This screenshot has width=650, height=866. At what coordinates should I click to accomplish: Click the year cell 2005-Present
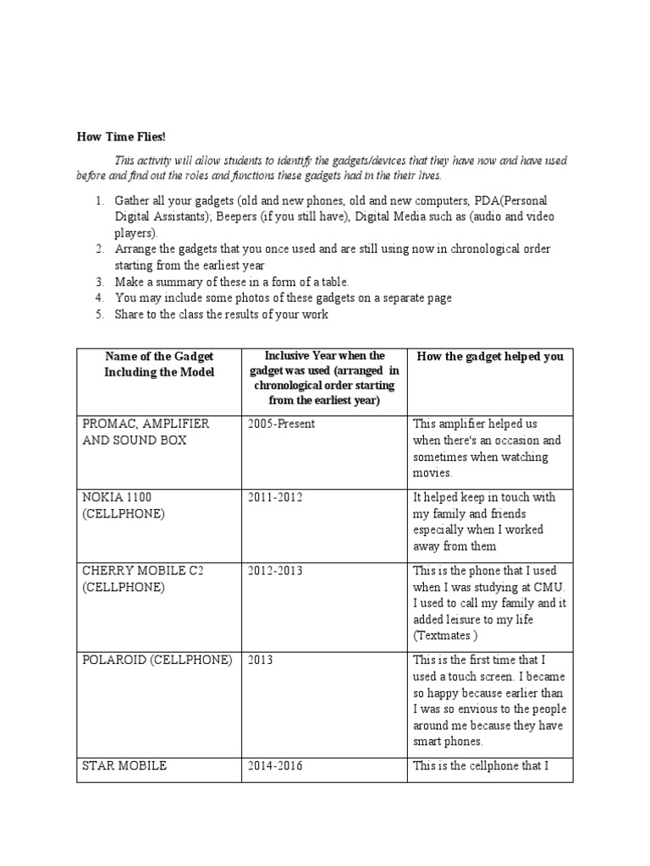(281, 424)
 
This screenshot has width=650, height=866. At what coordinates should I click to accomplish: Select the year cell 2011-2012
(275, 497)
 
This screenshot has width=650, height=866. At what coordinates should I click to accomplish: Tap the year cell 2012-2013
(275, 571)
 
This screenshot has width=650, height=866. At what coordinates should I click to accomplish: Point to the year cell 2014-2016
(275, 766)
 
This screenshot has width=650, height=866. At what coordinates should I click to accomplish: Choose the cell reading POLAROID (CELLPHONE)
(157, 660)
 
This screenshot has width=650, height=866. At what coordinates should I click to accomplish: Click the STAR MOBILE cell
(124, 766)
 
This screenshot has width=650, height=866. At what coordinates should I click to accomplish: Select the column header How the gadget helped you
(489, 357)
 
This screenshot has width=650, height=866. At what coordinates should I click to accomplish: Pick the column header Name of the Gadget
(159, 357)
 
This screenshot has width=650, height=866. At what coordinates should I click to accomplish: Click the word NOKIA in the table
(102, 497)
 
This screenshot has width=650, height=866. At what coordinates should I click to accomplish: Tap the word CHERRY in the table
(105, 571)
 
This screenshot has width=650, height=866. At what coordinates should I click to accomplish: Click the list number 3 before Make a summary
(98, 282)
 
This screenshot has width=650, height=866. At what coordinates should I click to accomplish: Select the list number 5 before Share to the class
(98, 315)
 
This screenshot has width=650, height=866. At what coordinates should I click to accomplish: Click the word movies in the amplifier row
(432, 473)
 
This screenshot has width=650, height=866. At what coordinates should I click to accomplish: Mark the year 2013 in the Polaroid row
(261, 660)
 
